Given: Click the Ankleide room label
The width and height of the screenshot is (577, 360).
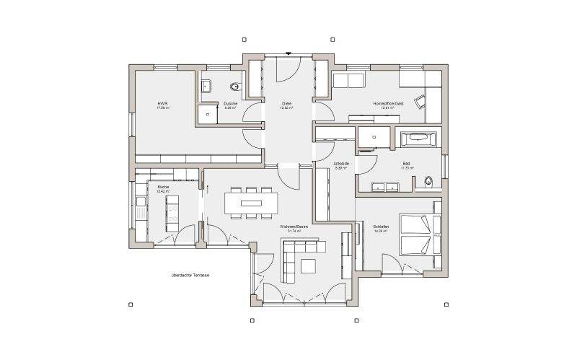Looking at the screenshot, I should coord(341,164).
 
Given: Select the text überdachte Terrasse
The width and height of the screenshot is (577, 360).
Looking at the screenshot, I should coord(190,275).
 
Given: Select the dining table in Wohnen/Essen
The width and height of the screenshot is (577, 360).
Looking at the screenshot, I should coord(251,203).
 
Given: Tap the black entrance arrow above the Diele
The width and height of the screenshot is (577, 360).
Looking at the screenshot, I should coord(288,52).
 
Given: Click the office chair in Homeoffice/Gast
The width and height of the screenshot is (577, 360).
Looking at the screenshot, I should coord(420,100).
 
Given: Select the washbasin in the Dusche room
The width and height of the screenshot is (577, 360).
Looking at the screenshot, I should coord(206,86).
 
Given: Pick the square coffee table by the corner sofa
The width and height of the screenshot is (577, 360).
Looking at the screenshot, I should coord(309,265).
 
